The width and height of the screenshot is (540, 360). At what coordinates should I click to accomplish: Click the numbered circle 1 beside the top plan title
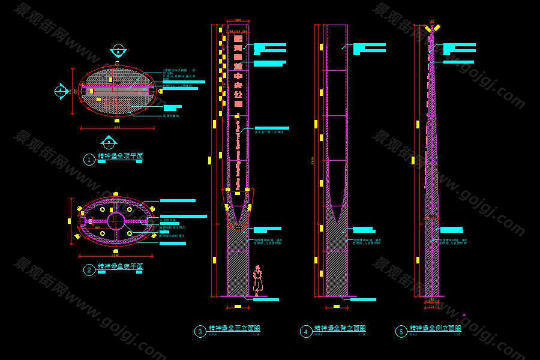click(89, 160)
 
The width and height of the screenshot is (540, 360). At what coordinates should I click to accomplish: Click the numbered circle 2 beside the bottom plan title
click(89, 270)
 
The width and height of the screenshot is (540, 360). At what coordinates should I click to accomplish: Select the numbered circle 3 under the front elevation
click(200, 331)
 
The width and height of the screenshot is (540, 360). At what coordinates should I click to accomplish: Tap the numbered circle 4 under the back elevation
click(306, 331)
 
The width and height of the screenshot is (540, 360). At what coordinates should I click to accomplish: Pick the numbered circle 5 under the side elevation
click(401, 331)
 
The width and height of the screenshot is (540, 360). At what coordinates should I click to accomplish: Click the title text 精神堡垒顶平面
click(120, 157)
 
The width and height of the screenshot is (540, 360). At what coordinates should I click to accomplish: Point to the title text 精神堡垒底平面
click(120, 266)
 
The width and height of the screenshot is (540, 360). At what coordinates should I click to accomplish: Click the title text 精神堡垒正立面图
click(234, 329)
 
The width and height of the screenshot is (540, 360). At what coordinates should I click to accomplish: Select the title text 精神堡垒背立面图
click(340, 329)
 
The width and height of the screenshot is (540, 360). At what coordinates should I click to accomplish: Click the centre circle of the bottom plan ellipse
click(116, 220)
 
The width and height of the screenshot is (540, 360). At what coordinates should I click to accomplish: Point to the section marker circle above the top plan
click(118, 49)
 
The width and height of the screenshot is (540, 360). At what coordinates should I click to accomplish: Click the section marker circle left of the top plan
click(61, 91)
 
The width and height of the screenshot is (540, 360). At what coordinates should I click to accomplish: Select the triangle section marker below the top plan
click(108, 142)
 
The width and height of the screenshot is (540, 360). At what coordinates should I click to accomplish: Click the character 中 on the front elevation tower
click(238, 76)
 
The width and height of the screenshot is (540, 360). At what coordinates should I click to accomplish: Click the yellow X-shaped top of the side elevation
click(431, 28)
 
